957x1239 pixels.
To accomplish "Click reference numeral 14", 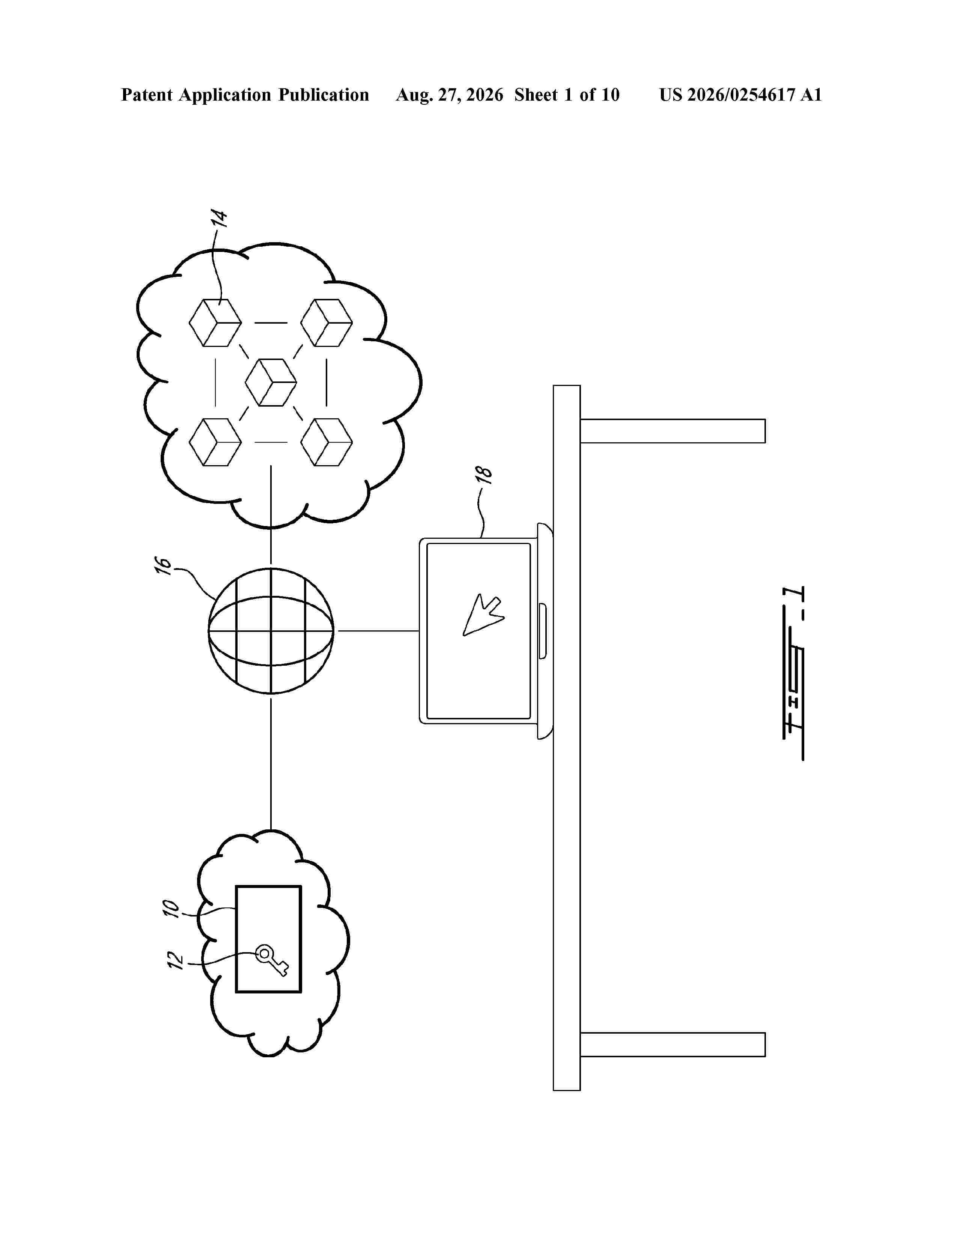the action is tap(220, 219).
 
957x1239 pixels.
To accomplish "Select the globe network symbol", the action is tap(271, 631).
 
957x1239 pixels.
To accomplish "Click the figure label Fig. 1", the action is tap(794, 673).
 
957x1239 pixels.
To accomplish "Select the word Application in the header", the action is tap(225, 95).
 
